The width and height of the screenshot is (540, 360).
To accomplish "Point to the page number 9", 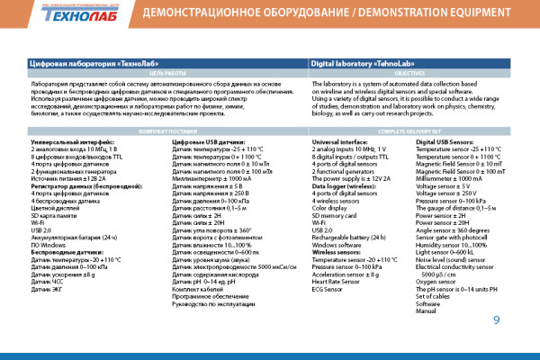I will [496, 319].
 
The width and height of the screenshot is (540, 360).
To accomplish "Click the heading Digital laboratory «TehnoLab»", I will [357, 65].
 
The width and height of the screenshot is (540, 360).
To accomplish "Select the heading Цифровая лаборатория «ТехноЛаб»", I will [82, 65].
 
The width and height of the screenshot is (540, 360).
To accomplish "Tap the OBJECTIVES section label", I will [415, 74].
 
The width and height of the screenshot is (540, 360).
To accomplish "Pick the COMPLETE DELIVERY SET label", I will [415, 131].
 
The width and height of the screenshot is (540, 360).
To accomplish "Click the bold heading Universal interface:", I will [339, 142].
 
